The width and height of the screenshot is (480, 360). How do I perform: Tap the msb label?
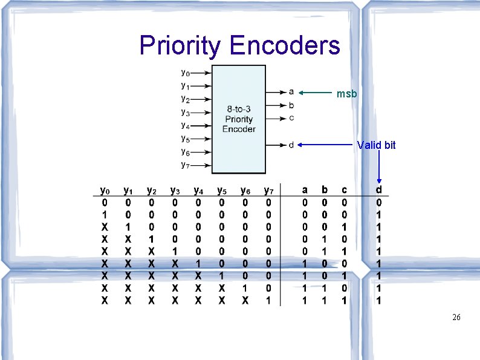click(x=347, y=94)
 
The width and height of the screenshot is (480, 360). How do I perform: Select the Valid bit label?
click(x=376, y=145)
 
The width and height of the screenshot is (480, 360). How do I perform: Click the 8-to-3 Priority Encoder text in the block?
click(x=239, y=119)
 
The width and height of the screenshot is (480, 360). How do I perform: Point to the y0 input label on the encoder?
click(x=185, y=73)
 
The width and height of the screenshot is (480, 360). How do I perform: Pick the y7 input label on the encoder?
click(x=185, y=165)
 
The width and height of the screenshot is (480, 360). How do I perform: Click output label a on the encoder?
click(x=291, y=92)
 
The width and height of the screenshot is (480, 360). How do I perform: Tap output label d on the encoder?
click(x=291, y=145)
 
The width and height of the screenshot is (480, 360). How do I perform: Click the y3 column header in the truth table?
click(x=175, y=191)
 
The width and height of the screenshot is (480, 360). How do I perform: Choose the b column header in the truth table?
click(x=325, y=191)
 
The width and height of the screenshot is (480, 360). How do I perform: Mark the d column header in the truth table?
click(x=379, y=191)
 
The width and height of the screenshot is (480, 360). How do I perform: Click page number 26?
click(x=456, y=317)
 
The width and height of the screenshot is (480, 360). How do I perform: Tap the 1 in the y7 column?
click(x=268, y=300)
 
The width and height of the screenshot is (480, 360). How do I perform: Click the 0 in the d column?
click(x=379, y=203)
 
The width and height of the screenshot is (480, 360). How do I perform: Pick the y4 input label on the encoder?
click(x=185, y=125)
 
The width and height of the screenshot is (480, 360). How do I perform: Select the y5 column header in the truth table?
click(x=222, y=191)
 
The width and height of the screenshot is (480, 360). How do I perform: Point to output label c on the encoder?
click(x=291, y=117)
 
